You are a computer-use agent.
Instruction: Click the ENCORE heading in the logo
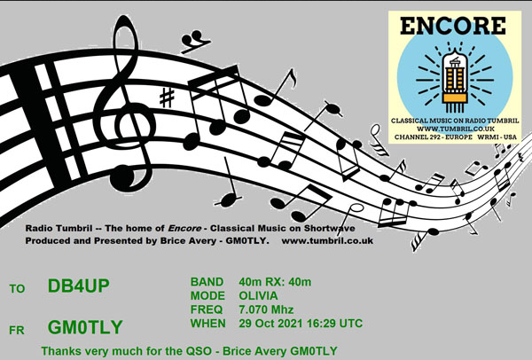pos(453,26)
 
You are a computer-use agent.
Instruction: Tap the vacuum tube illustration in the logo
pos(455,81)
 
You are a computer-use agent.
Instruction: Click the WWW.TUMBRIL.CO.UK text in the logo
pos(456,129)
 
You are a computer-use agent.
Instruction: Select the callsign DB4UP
pos(78,286)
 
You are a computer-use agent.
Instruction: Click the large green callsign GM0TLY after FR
pos(85,327)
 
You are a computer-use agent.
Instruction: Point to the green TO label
pos(17,289)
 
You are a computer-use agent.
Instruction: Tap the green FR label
pos(17,330)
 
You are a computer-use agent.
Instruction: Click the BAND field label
pos(207,282)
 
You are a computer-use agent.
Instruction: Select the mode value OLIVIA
pos(258,296)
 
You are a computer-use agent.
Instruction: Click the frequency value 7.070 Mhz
pos(266,309)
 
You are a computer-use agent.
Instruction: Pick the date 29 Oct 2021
pos(270,324)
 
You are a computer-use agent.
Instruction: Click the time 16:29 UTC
pos(334,324)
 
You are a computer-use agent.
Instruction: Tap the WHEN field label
pos(208,324)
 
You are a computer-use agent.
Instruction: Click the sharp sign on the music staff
pos(167,98)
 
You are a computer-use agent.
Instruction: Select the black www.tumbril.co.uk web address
pos(327,241)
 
